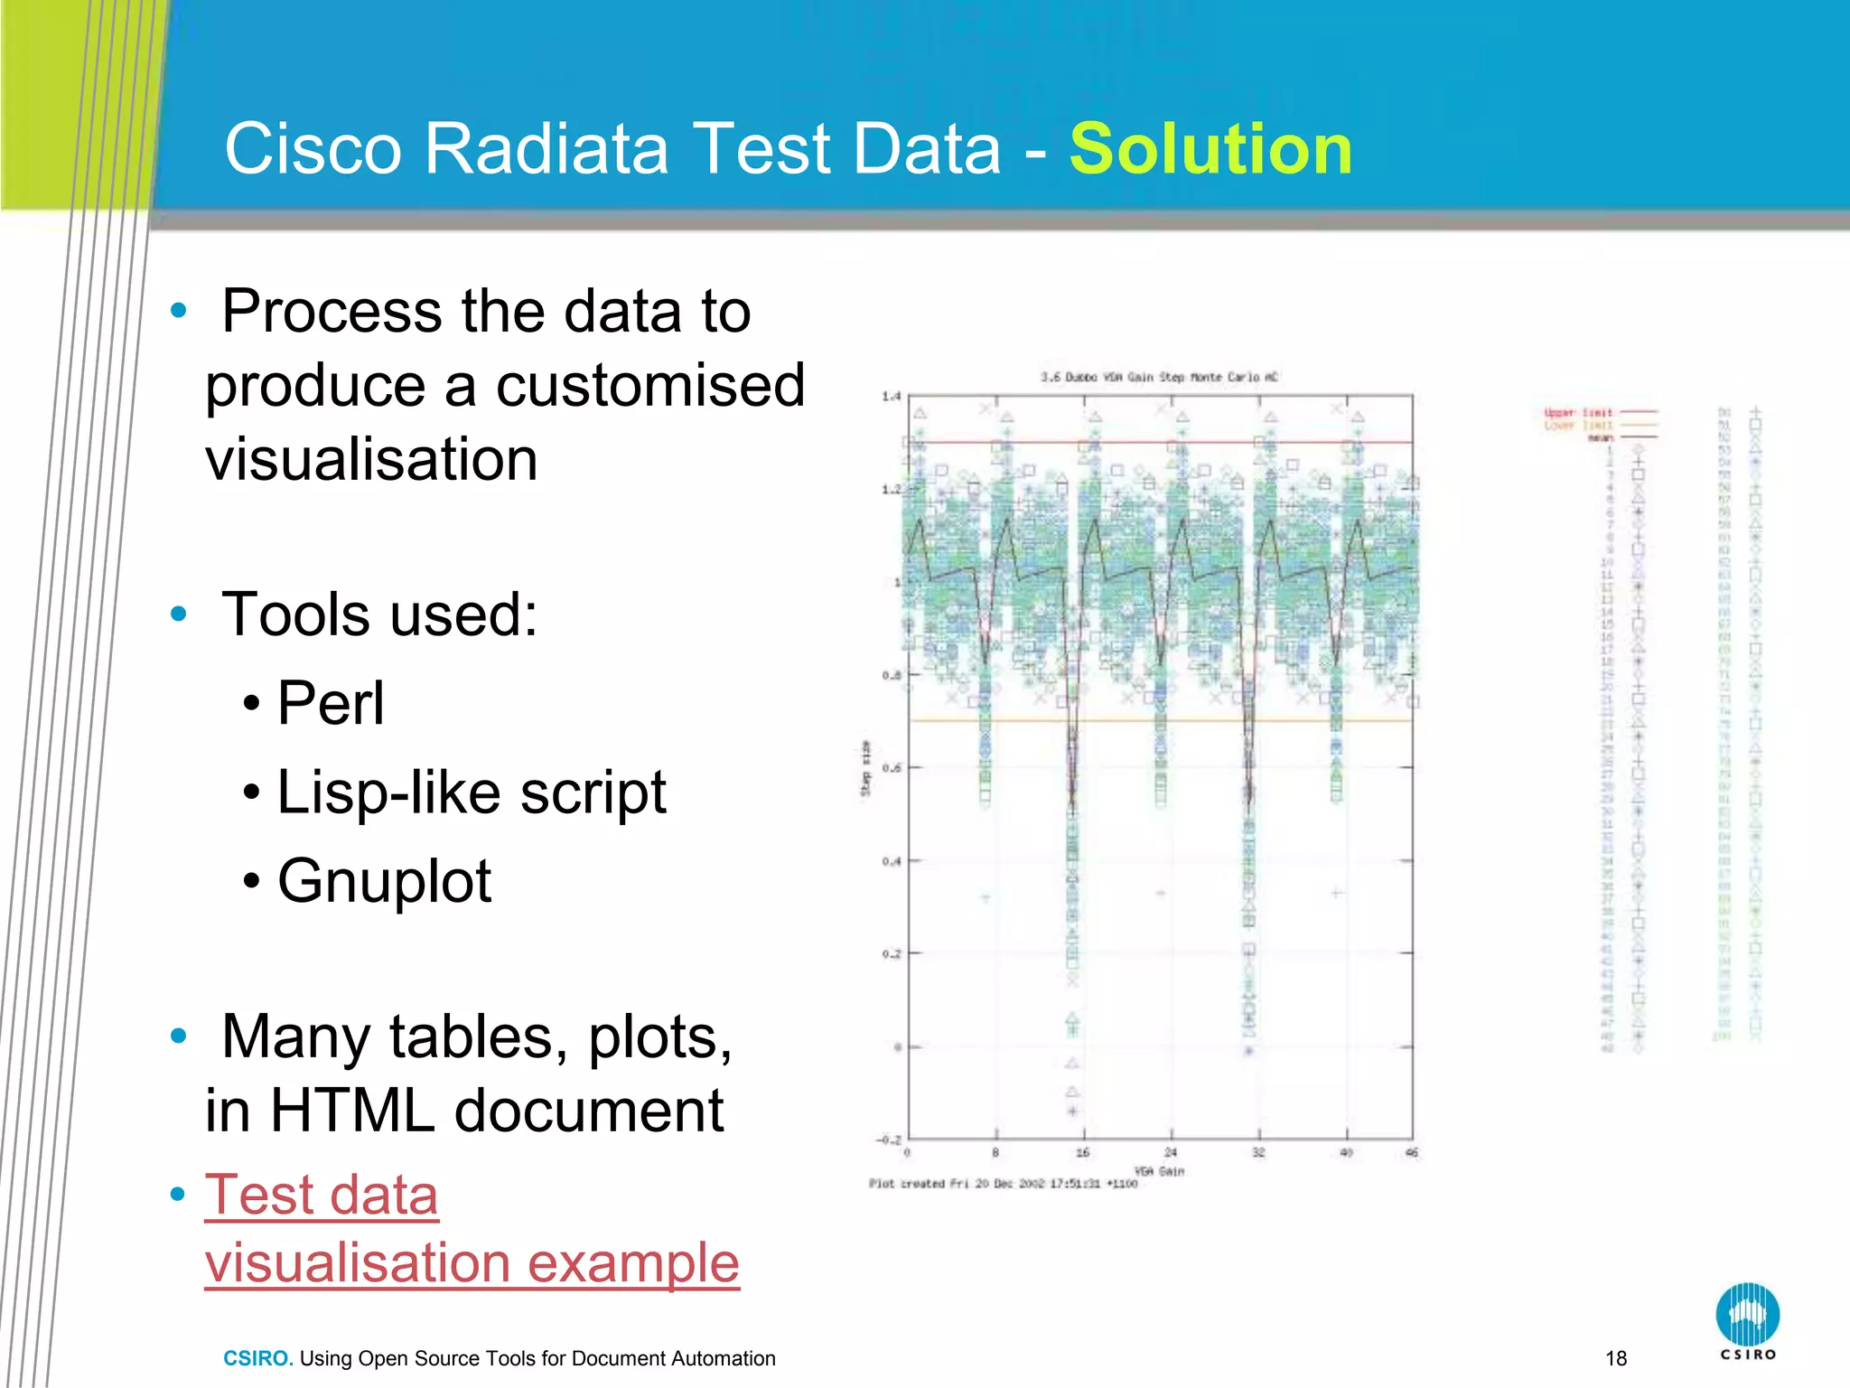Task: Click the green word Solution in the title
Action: (x=1210, y=149)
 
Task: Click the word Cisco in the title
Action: (x=313, y=149)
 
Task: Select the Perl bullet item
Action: (x=331, y=703)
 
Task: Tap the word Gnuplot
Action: (x=384, y=881)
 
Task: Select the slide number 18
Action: (x=1616, y=1358)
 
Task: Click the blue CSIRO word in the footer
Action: (x=257, y=1358)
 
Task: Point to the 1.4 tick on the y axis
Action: (x=891, y=396)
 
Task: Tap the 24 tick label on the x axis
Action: (x=1171, y=1153)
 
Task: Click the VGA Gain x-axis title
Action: (x=1159, y=1171)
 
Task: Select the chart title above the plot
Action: (x=1159, y=377)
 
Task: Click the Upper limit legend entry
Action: (x=1578, y=413)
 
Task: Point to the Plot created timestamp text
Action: (x=1003, y=1184)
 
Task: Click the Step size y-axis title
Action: (x=865, y=768)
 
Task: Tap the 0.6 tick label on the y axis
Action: (x=891, y=768)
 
